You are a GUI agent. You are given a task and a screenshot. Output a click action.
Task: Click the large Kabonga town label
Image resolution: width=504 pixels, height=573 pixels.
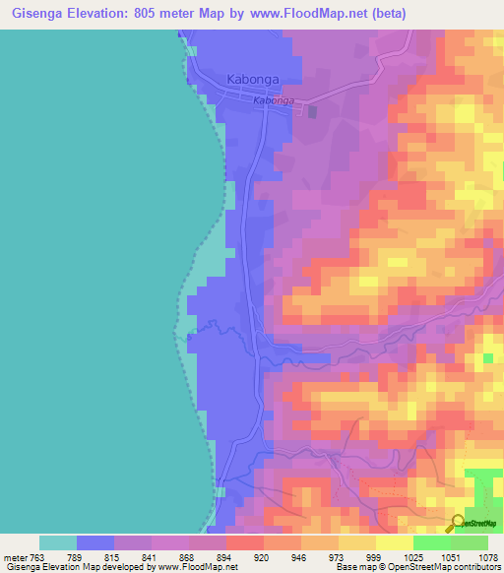[253, 79]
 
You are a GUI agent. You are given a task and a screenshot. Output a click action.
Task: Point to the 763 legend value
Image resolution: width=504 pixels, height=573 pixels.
[39, 557]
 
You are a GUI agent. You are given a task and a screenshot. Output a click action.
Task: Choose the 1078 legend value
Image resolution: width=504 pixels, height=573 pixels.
[488, 557]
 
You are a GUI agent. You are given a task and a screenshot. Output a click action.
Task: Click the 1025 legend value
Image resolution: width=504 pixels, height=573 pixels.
[411, 557]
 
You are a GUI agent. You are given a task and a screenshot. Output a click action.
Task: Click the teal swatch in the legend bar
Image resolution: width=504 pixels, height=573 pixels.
[58, 542]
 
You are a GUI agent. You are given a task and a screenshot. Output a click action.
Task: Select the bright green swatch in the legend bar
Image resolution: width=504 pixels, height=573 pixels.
[431, 542]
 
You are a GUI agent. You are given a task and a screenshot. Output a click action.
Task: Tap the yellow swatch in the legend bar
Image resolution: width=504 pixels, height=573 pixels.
[394, 542]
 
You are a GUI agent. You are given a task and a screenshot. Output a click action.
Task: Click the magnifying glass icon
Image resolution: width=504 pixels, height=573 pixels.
[458, 523]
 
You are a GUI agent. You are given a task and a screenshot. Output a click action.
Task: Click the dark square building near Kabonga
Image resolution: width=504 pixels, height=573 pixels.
[313, 111]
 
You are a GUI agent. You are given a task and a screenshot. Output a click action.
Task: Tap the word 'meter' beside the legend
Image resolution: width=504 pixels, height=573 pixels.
[14, 557]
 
